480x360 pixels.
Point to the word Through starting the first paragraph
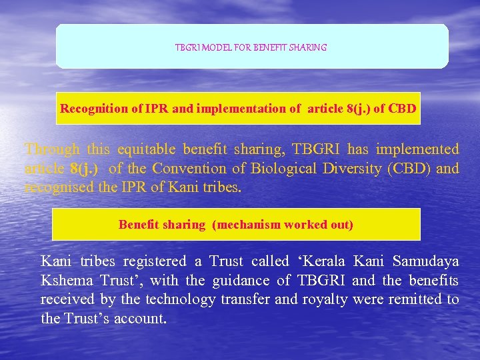tap(51, 149)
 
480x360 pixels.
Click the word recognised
tap(55, 187)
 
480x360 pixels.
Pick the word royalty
tap(325, 299)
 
